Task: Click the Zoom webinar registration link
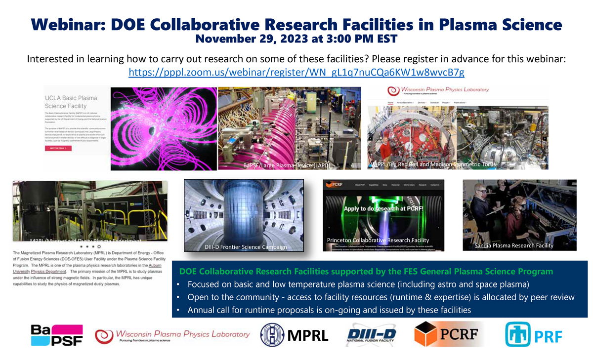click(296, 73)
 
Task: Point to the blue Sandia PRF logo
click(517, 335)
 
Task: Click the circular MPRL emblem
click(272, 335)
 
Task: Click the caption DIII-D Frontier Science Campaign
click(246, 246)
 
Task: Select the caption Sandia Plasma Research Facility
click(513, 245)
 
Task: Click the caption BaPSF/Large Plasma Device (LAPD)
click(286, 165)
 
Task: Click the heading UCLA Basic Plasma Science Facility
click(71, 102)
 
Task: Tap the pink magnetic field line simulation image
click(164, 129)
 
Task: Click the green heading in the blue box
click(366, 272)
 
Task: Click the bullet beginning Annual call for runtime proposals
click(329, 310)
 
